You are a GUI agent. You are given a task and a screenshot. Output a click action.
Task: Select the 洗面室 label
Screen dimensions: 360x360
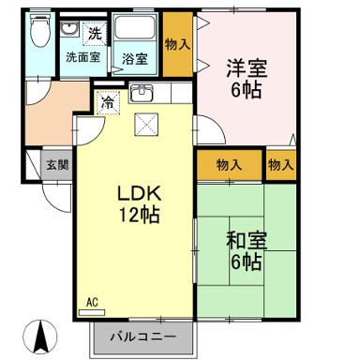82,57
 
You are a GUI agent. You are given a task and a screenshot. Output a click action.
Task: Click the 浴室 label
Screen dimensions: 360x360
134,58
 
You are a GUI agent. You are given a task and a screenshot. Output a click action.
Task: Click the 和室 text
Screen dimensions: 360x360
247,239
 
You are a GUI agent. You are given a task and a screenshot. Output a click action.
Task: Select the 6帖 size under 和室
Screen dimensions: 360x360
247,262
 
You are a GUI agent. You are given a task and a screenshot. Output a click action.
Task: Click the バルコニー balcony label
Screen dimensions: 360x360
144,336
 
